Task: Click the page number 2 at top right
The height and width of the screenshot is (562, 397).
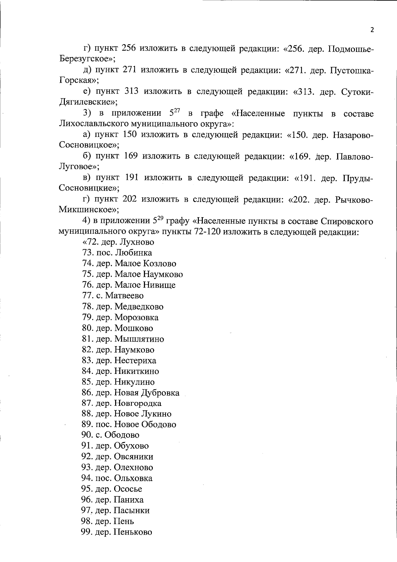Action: [372, 30]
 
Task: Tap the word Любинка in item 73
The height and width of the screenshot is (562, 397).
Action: [134, 253]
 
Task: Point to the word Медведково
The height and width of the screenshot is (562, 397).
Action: [139, 306]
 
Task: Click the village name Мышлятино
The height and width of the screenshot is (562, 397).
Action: [139, 339]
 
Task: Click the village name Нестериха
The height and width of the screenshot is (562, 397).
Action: [135, 360]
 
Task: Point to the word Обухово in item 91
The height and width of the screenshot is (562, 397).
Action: [131, 446]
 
